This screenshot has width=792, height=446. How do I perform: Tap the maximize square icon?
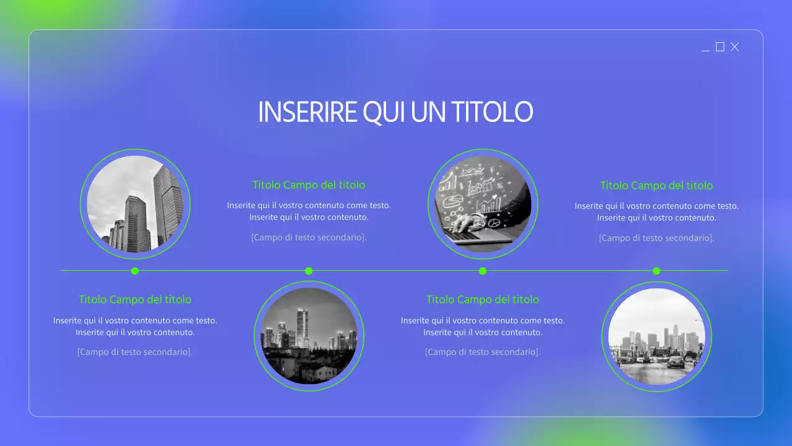720,47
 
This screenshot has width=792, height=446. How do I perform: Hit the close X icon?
734,47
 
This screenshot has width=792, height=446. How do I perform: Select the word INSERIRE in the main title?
307,112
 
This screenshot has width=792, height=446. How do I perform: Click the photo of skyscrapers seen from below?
135,204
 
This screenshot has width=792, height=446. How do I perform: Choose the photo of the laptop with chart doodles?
483,204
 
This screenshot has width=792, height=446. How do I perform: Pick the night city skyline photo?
309,336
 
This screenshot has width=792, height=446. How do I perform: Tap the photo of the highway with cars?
656,336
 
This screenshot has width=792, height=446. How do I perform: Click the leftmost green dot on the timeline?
135,271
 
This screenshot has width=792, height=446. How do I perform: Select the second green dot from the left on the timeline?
309,271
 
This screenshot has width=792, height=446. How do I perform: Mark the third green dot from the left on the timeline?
483,271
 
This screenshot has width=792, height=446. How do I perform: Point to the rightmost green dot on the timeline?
656,271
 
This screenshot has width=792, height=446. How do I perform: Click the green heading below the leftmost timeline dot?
135,300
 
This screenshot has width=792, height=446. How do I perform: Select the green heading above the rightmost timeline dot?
656,186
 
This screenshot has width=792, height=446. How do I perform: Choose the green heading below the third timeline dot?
483,300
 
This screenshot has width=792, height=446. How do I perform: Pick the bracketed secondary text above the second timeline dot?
309,237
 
